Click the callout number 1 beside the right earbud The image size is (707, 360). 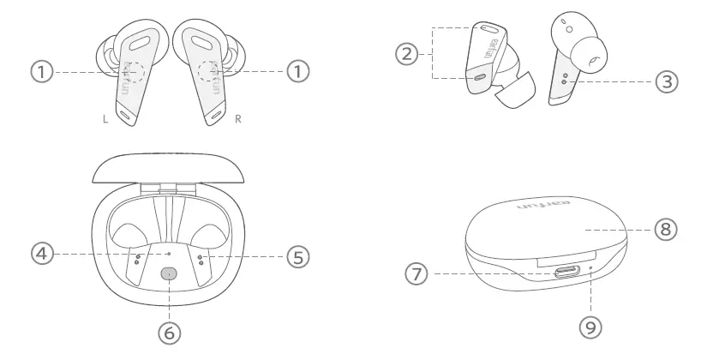click(x=297, y=73)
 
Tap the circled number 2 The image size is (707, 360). click(x=408, y=53)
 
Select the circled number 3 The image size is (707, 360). click(x=666, y=81)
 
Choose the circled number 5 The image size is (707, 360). click(x=297, y=255)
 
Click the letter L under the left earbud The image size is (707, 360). click(x=105, y=119)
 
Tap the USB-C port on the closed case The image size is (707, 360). click(x=566, y=272)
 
